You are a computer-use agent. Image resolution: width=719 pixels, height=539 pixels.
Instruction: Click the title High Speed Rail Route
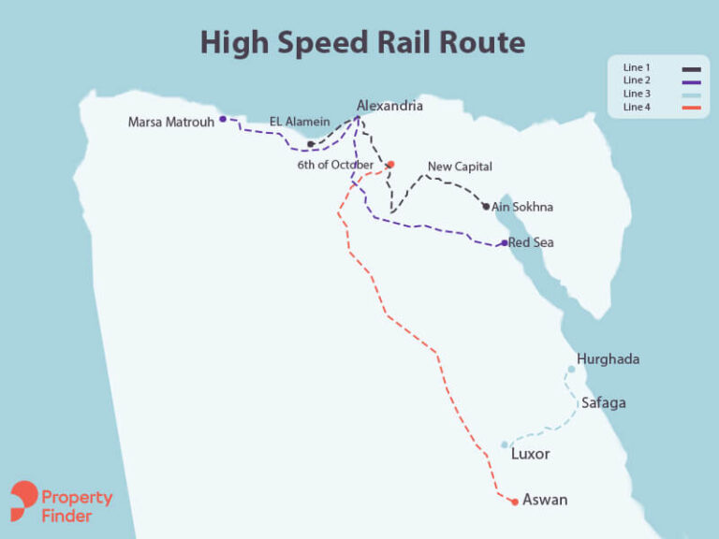[362, 42]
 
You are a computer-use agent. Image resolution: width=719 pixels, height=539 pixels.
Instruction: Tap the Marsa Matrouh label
[171, 122]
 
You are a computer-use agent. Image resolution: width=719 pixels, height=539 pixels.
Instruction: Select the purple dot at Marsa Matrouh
[223, 119]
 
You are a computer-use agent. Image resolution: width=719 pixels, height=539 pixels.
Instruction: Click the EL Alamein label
[300, 122]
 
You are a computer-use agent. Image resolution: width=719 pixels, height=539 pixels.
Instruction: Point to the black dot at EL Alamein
[311, 144]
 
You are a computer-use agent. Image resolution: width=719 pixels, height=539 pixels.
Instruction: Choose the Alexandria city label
[389, 106]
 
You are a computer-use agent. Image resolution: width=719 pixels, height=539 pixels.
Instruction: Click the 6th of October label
[336, 165]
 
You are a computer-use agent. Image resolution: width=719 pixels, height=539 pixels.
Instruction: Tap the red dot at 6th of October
[390, 165]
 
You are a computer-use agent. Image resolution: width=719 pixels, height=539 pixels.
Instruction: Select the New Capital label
[460, 167]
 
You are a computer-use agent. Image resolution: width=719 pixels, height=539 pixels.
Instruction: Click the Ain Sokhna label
[522, 207]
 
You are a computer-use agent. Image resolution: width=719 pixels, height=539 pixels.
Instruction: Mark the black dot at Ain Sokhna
[486, 206]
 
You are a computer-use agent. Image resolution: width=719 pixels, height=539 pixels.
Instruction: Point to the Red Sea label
[531, 242]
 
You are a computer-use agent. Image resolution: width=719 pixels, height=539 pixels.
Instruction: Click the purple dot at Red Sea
[505, 242]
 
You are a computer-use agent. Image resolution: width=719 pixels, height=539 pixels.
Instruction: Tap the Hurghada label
[608, 358]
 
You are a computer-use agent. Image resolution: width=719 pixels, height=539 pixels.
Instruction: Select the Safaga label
[604, 403]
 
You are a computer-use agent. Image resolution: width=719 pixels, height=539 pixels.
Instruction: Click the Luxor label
[530, 455]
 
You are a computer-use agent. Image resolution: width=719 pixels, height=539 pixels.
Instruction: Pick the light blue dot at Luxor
[505, 444]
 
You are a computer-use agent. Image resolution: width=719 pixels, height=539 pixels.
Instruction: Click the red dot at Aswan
[515, 503]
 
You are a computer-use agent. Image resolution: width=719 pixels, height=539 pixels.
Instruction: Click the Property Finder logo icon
[24, 501]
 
